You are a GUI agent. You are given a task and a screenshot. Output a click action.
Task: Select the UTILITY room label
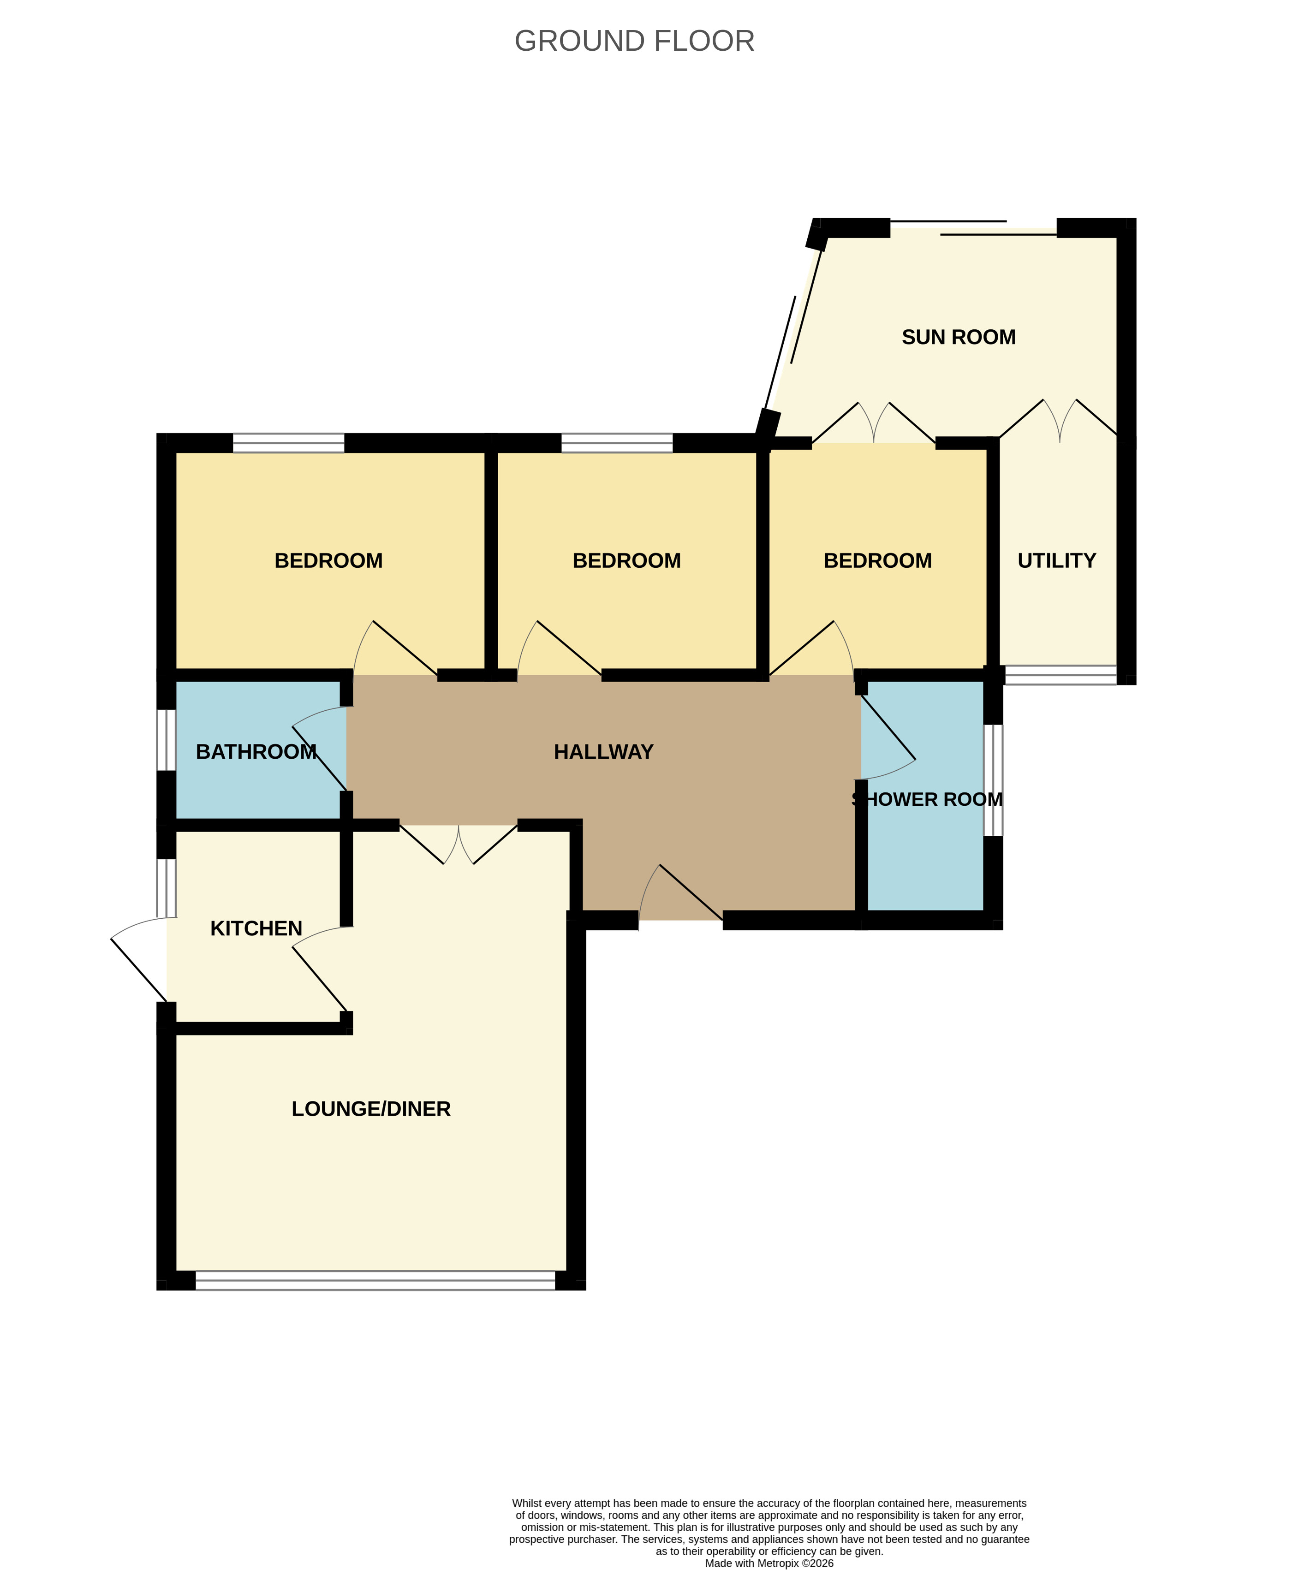(1056, 561)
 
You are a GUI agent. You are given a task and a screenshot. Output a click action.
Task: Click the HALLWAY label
(603, 752)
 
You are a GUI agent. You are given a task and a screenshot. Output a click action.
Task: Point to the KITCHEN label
(256, 929)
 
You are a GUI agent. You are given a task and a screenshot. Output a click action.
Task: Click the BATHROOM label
(256, 752)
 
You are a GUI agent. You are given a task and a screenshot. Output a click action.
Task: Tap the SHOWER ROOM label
(927, 800)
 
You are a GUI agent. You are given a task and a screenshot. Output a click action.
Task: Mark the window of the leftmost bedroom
(288, 443)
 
